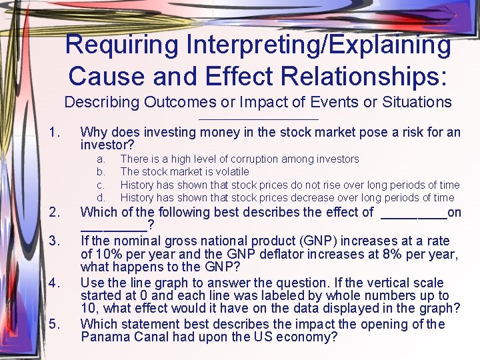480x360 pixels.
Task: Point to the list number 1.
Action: [55, 132]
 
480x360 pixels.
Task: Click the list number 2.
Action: [55, 213]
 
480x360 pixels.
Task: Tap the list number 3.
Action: [55, 240]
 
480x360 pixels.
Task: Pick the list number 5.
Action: [55, 324]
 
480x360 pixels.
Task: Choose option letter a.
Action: [101, 159]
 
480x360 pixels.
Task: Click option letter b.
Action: [101, 171]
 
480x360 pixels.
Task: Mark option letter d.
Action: [101, 197]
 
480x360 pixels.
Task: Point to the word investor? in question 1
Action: [107, 145]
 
